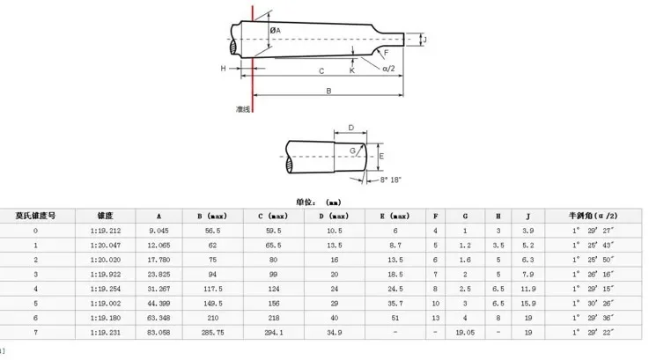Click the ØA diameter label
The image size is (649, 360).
276,31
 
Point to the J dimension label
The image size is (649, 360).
424,40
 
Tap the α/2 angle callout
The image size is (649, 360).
388,69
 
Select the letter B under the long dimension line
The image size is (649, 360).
328,91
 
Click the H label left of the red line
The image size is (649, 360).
224,69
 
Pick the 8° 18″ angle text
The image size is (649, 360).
391,180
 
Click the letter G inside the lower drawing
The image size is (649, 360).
352,151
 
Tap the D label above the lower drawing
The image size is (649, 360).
351,128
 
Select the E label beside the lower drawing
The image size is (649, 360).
381,157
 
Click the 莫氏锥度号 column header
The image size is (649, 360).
35,216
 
